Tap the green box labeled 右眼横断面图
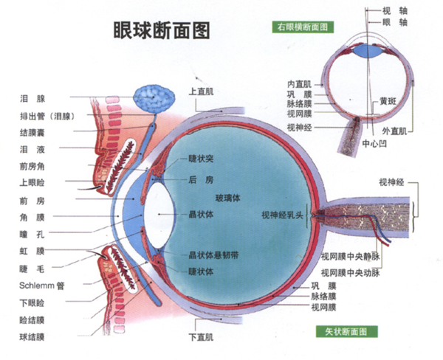pos(303,26)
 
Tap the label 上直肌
pos(201,92)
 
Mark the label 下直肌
pos(201,338)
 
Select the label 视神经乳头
pos(283,215)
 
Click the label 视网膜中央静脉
pos(350,257)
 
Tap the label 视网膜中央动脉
pos(350,270)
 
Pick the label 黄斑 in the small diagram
pos(389,101)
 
